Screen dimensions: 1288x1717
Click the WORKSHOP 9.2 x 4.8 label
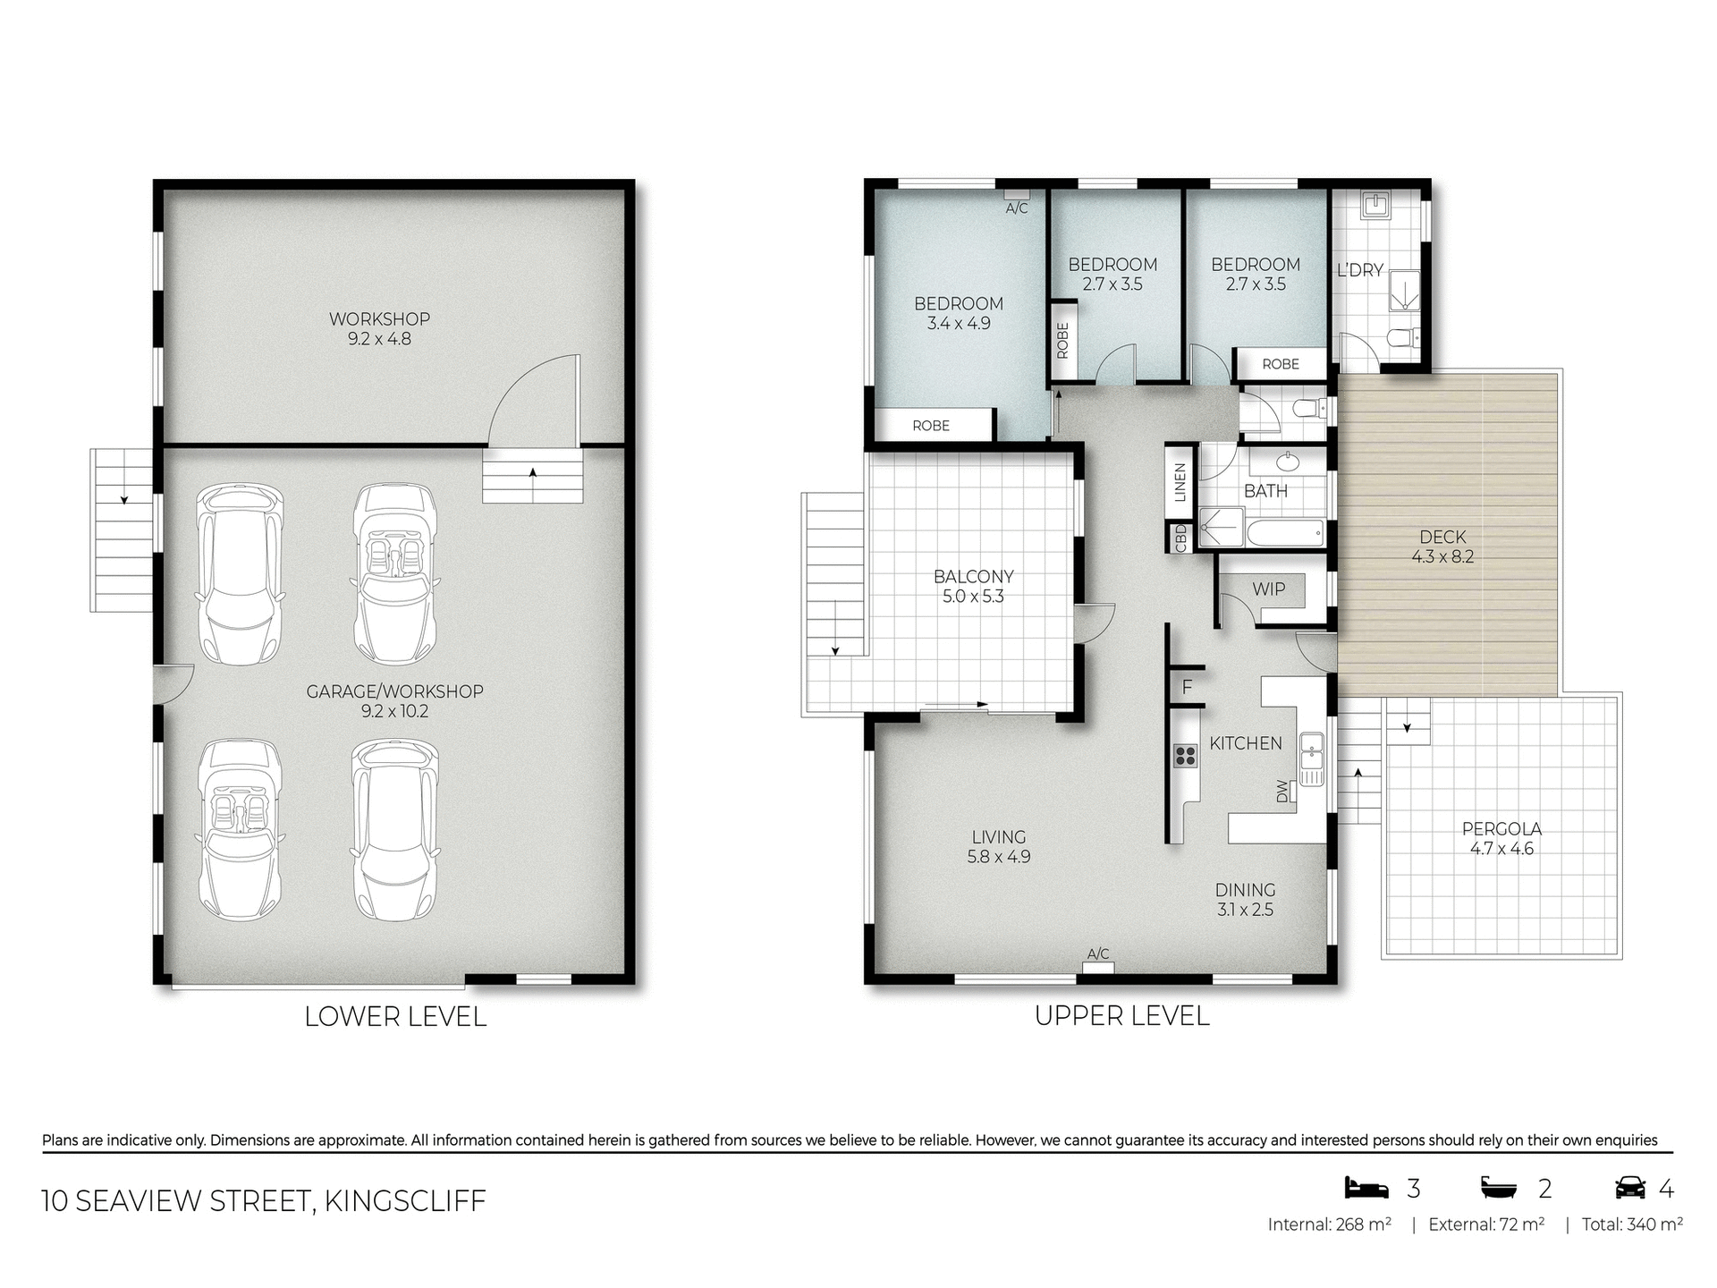tap(379, 328)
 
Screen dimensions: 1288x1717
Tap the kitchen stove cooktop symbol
tap(1186, 756)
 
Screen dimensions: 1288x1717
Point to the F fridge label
tap(1187, 688)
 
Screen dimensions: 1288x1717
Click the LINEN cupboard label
tap(1180, 482)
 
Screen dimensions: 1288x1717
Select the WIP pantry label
tap(1268, 589)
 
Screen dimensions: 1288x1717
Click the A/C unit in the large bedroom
tap(1017, 193)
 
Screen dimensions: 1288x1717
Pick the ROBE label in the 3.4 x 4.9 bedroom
tap(930, 426)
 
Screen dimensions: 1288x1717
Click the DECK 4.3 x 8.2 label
tap(1442, 547)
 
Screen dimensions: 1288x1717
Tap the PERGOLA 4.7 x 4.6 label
tap(1501, 838)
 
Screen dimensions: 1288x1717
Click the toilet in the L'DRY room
tap(1400, 338)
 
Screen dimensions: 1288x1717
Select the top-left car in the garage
tap(240, 572)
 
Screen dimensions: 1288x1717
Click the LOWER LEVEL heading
tap(395, 1017)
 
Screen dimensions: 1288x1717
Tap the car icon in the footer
tap(1630, 1188)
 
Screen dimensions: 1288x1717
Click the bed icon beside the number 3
tap(1366, 1188)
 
